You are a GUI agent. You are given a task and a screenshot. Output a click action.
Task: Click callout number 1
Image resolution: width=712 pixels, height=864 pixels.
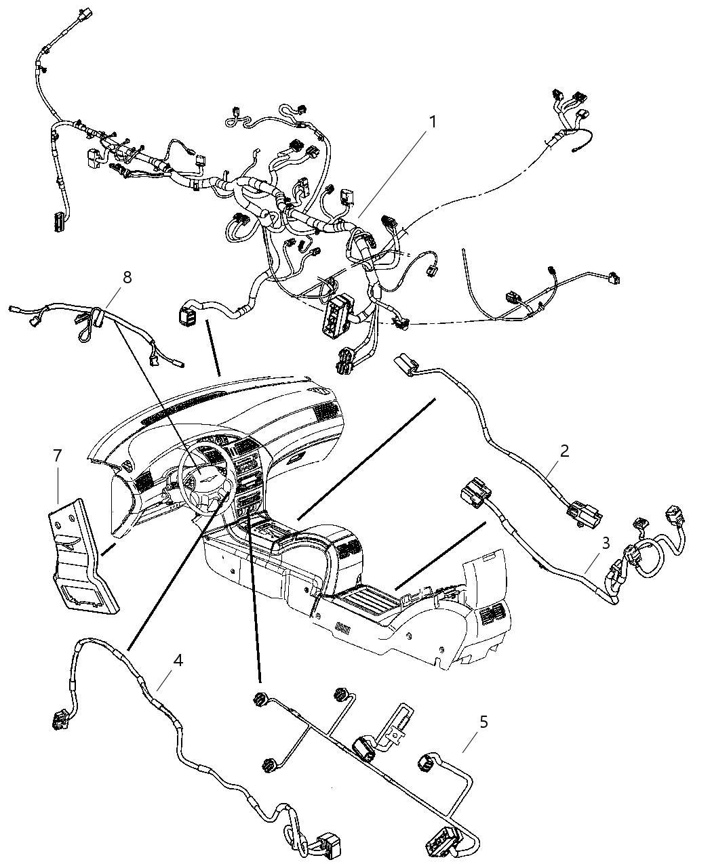[431, 122]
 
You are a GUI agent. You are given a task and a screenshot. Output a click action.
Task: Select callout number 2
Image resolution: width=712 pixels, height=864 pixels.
[564, 451]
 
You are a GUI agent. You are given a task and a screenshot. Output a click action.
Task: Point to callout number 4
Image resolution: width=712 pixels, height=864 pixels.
[178, 660]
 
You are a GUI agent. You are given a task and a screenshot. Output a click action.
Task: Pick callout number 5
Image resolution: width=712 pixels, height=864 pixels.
[483, 722]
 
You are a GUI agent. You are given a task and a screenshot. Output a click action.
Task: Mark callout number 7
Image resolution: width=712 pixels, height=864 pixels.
[58, 455]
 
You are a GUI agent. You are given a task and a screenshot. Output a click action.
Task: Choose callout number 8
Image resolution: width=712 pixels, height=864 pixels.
[127, 276]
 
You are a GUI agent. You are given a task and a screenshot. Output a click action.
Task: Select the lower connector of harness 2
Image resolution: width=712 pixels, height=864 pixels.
[585, 513]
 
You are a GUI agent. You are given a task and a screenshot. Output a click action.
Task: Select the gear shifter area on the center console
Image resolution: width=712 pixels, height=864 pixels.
[281, 535]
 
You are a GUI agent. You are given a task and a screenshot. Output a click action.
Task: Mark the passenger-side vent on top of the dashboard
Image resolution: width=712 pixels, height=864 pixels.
[324, 409]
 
